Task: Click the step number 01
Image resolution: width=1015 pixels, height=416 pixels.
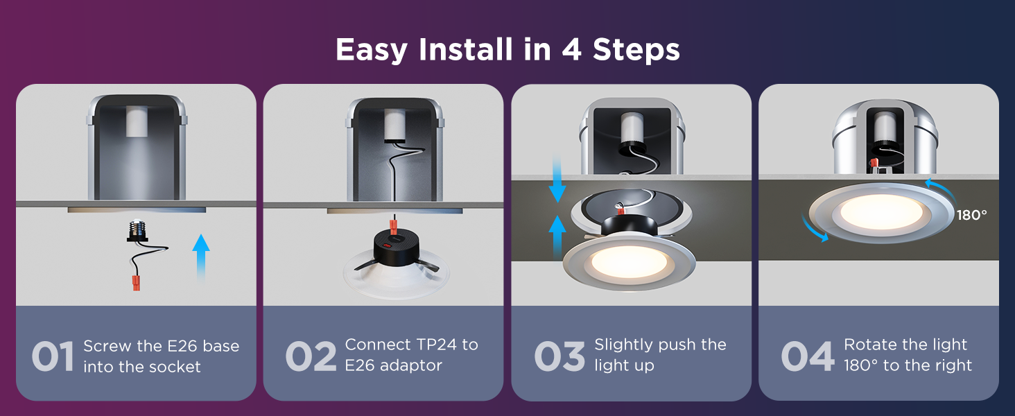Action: click(x=53, y=356)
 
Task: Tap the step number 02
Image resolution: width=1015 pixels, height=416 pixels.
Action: click(x=311, y=356)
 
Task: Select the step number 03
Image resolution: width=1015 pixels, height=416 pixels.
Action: click(x=559, y=356)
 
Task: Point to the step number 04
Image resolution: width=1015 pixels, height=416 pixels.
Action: click(x=808, y=356)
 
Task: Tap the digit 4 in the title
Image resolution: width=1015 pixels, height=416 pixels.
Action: click(x=572, y=49)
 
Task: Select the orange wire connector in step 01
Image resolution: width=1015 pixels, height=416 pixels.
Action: click(x=136, y=283)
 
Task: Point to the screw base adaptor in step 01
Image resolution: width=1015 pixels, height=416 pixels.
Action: click(x=137, y=231)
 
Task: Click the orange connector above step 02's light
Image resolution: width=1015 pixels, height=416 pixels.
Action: click(x=394, y=227)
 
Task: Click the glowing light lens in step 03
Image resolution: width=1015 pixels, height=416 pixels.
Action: click(x=630, y=262)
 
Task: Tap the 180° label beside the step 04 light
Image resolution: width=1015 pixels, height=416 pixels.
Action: click(x=971, y=215)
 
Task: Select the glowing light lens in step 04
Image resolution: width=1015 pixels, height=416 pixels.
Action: click(x=881, y=211)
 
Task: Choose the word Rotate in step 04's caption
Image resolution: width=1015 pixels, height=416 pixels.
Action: click(x=871, y=345)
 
